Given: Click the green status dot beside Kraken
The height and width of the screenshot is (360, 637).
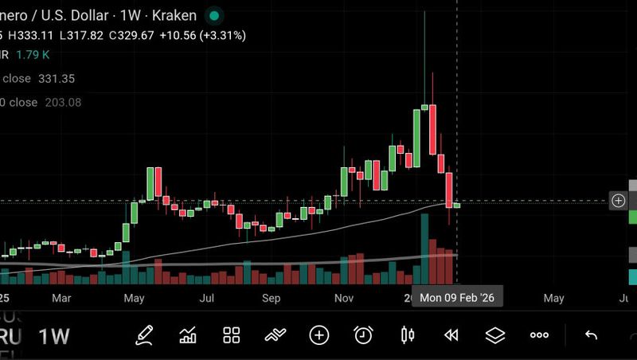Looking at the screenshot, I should tap(213, 15).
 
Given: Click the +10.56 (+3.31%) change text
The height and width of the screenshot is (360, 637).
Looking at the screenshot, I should tap(202, 35).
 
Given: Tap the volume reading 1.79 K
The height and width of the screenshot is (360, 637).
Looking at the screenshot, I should tap(33, 55).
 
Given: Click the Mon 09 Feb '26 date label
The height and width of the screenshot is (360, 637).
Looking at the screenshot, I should tap(456, 298).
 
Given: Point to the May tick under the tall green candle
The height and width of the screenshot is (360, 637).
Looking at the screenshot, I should tap(134, 298).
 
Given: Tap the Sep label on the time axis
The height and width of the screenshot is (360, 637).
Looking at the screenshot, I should tap(272, 298).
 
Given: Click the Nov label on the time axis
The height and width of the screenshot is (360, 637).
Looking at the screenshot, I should tap(344, 298).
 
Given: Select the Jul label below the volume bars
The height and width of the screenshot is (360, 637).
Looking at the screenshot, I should tap(206, 298).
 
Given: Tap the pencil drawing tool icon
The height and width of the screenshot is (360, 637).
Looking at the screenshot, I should tap(143, 335).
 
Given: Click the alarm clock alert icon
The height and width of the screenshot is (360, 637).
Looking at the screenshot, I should tap(363, 335).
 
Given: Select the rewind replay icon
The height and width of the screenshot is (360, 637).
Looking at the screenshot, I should tap(451, 335).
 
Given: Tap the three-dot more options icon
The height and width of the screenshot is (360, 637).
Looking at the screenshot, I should tap(539, 335).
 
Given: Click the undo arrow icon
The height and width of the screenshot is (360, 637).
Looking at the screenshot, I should tap(591, 335).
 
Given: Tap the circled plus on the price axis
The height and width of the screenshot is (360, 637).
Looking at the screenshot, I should tap(618, 201).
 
